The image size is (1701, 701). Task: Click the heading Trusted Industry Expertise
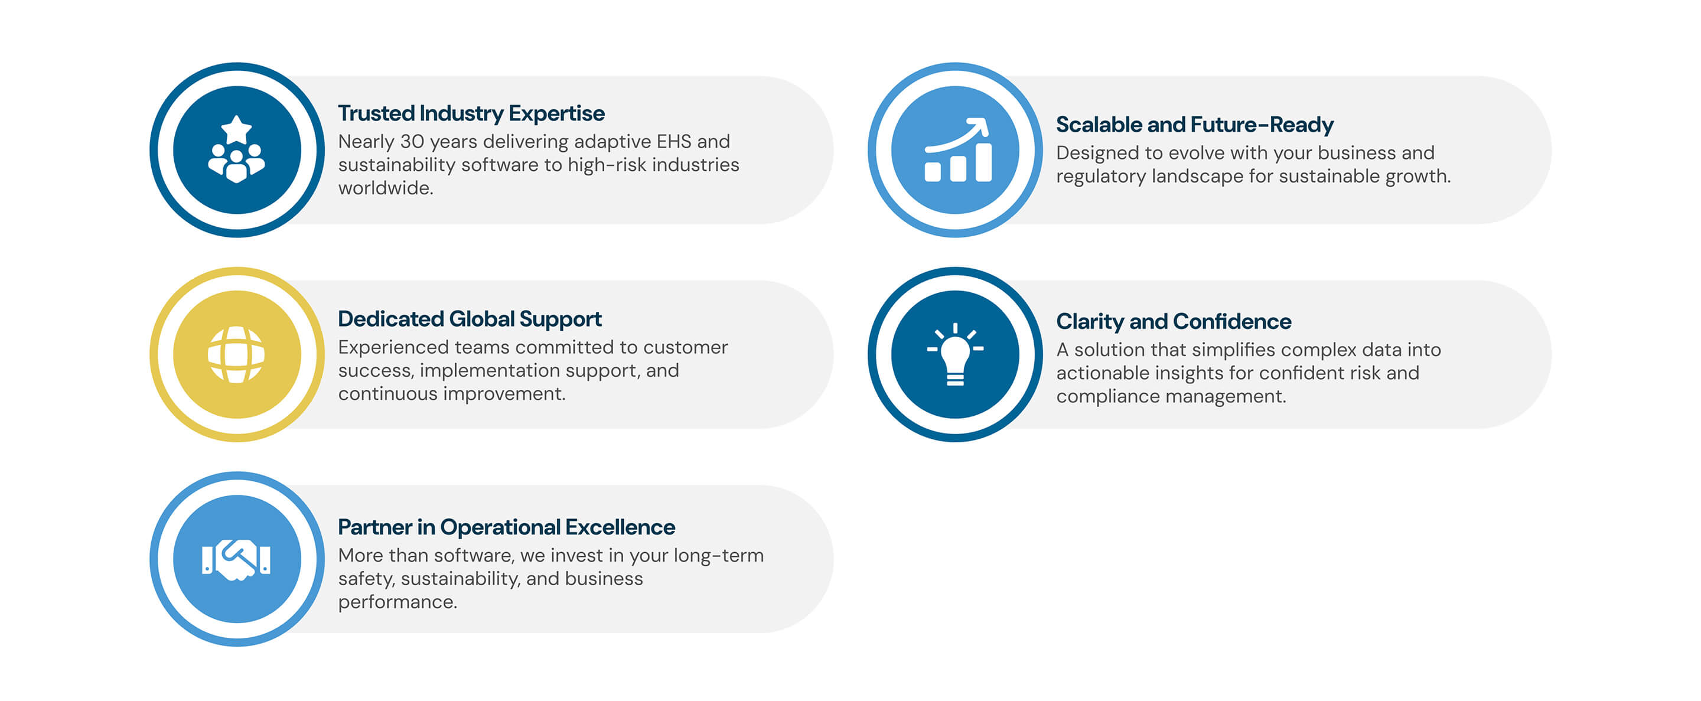tap(471, 113)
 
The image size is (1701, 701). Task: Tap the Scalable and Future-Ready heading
tap(1194, 125)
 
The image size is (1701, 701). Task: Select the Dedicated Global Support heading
tap(470, 319)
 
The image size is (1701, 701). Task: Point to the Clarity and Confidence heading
tap(1174, 321)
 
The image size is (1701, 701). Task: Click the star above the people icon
tap(236, 129)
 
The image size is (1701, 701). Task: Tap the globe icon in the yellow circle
tap(236, 354)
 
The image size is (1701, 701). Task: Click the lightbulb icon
tap(955, 355)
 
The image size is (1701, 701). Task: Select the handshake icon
tap(236, 560)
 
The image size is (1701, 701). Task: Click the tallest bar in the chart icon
tap(983, 162)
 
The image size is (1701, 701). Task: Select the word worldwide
tap(386, 188)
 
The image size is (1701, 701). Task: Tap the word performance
tap(397, 602)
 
